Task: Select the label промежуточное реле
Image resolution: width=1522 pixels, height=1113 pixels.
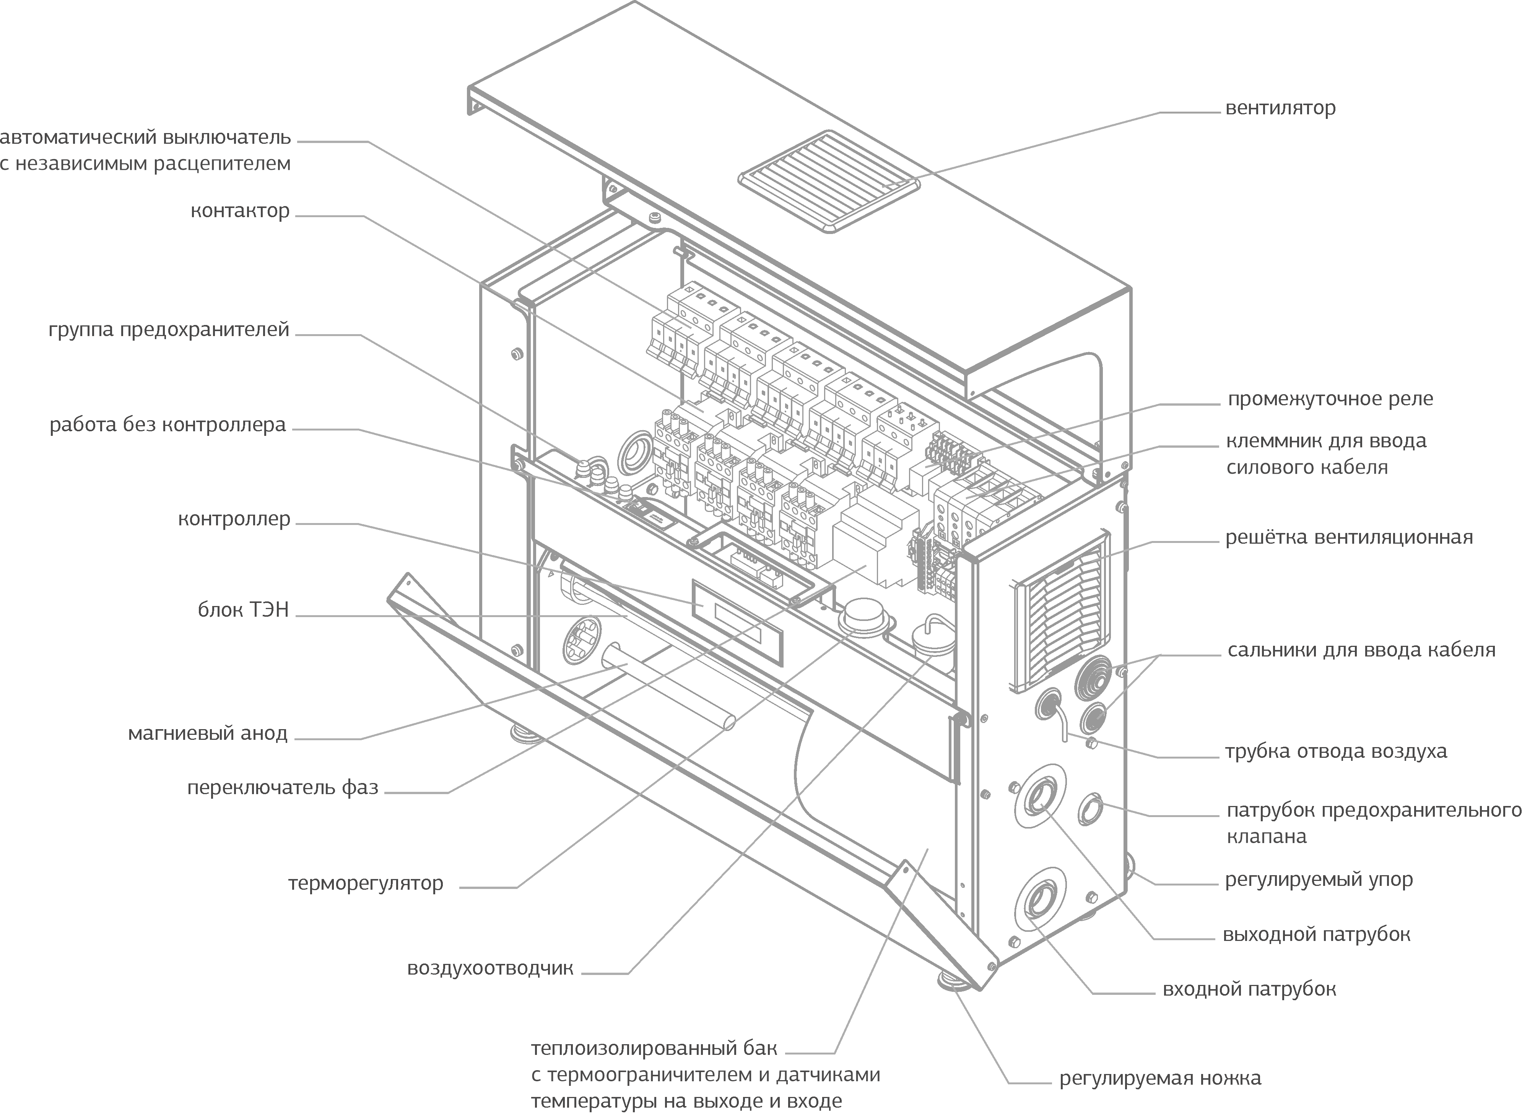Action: click(1330, 399)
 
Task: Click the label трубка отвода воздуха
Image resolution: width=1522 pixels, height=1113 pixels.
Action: click(1335, 751)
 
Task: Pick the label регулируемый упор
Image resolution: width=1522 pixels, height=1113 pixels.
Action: click(1319, 880)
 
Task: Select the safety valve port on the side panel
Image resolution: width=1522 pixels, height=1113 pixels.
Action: click(1091, 809)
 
